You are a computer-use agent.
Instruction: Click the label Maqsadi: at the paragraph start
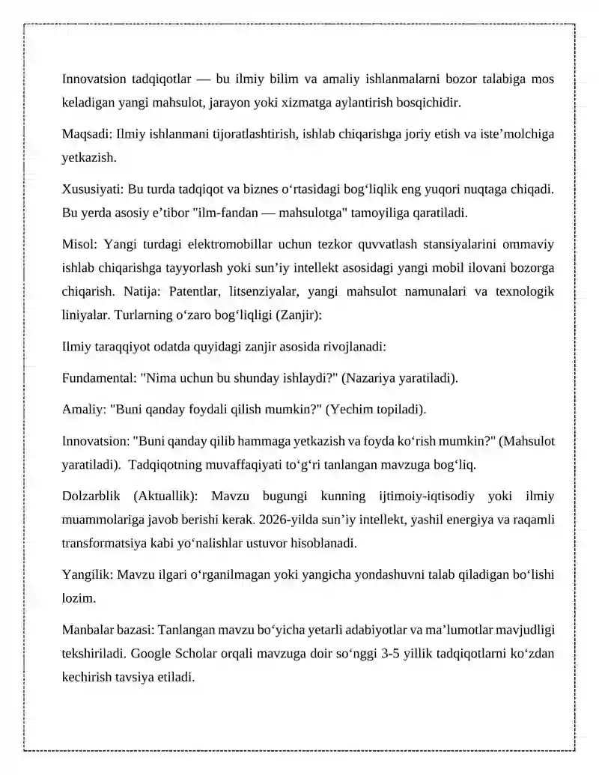point(86,135)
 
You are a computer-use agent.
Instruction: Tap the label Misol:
point(79,245)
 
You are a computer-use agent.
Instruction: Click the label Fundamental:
point(100,379)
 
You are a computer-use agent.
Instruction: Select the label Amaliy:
point(83,410)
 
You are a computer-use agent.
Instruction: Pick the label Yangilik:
point(88,574)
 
